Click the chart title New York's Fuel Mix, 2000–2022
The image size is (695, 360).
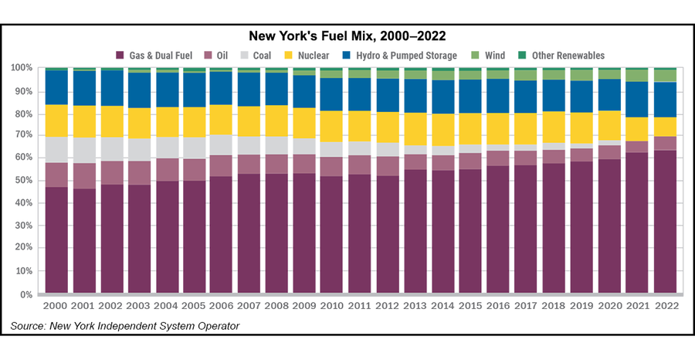click(347, 36)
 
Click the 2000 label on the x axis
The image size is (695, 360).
click(56, 307)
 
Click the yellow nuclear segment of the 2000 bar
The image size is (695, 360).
click(56, 121)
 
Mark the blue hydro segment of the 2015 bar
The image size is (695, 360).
click(470, 97)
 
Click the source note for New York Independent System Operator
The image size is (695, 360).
click(125, 326)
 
